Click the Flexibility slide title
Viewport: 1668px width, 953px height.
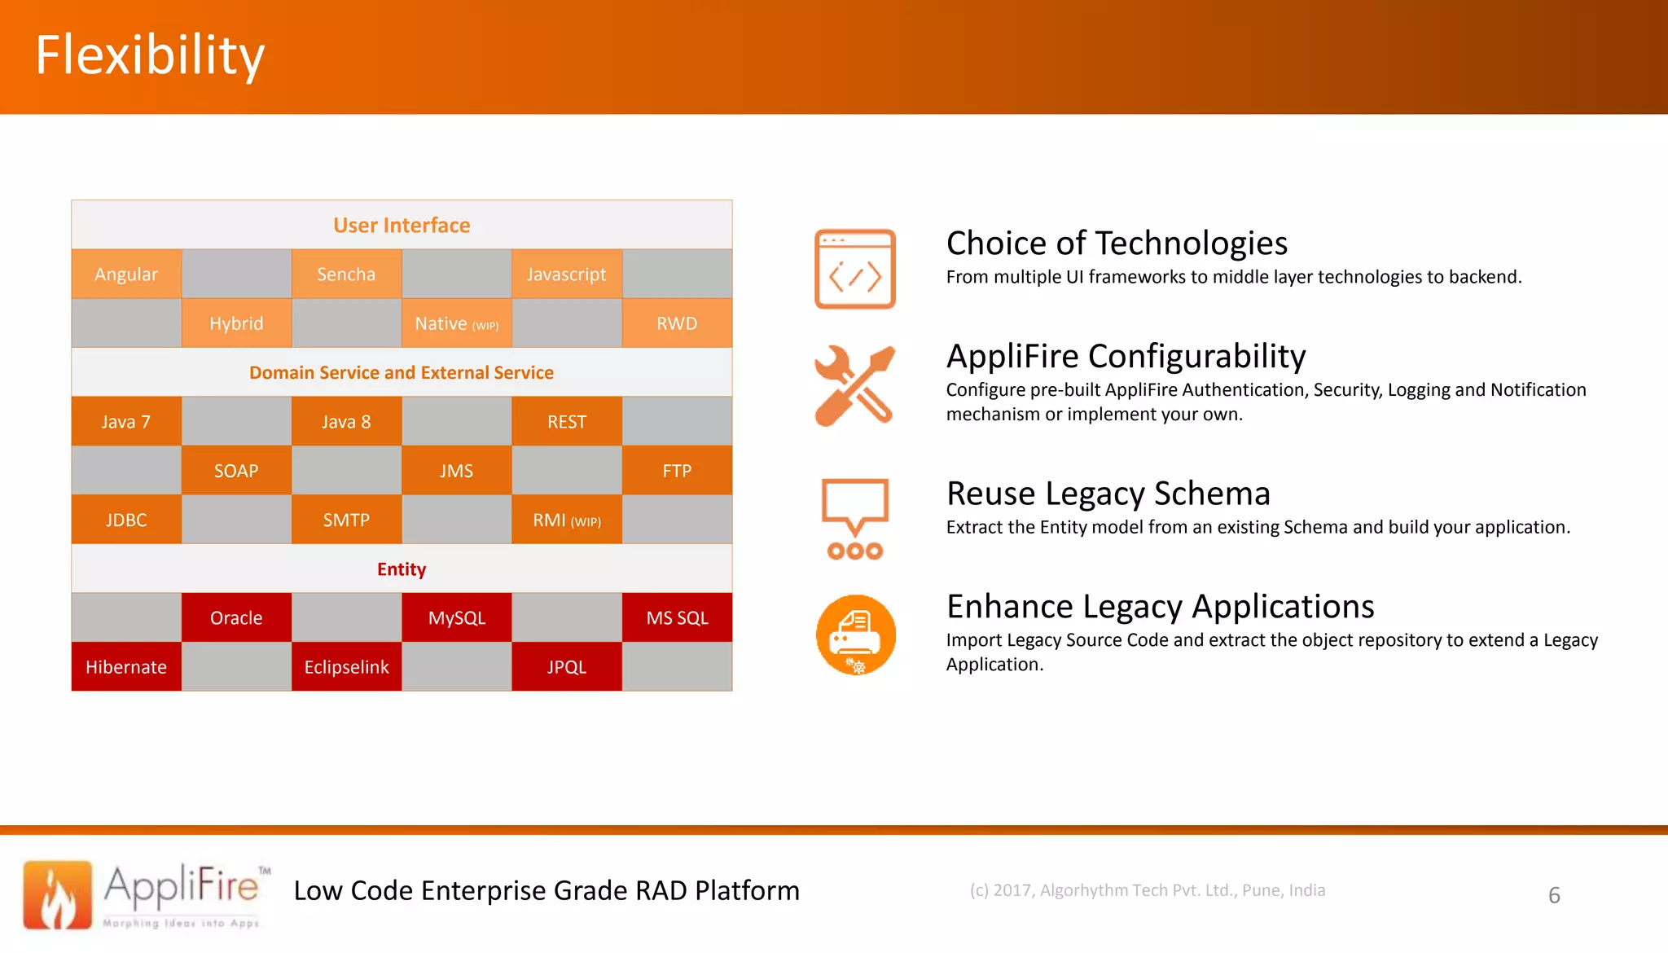click(x=150, y=55)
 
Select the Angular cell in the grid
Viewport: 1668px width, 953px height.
click(x=126, y=274)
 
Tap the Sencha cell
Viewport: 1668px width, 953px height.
click(x=346, y=274)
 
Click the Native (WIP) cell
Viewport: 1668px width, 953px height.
click(x=456, y=323)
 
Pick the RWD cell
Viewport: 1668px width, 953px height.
click(x=677, y=323)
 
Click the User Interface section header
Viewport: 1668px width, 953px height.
click(x=402, y=226)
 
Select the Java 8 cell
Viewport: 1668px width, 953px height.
click(x=346, y=422)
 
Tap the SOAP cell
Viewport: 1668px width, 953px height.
click(x=236, y=471)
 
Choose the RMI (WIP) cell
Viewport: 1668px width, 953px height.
click(x=567, y=520)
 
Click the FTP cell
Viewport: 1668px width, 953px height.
click(x=677, y=471)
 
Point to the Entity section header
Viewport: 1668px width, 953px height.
click(x=402, y=569)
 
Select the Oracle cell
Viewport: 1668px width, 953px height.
click(x=236, y=618)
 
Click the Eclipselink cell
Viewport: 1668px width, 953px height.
click(x=346, y=667)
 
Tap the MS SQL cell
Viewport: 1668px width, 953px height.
click(x=677, y=618)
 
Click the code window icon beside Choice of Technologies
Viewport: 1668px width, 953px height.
click(x=855, y=269)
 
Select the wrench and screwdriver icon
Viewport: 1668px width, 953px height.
click(x=855, y=385)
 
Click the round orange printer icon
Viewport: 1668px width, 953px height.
click(x=855, y=635)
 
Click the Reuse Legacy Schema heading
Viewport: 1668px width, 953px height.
click(x=1108, y=494)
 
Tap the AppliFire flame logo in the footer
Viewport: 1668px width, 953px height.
click(x=58, y=894)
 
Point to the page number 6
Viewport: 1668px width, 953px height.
click(x=1554, y=895)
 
